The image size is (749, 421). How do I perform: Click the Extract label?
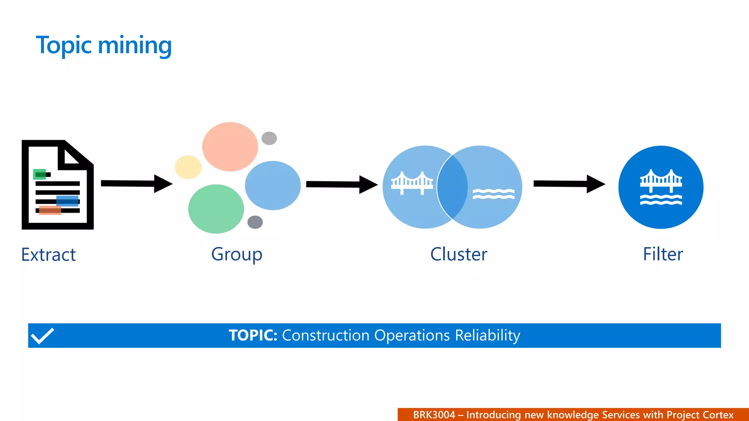pyautogui.click(x=48, y=254)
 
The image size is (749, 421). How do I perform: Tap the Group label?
pyautogui.click(x=237, y=254)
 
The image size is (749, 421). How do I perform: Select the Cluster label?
pyautogui.click(x=459, y=254)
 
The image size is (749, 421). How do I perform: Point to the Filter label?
pyautogui.click(x=663, y=254)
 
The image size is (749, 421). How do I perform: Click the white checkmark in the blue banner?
pyautogui.click(x=42, y=335)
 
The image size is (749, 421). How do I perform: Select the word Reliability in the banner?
pyautogui.click(x=488, y=335)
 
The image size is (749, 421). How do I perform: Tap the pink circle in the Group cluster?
pyautogui.click(x=230, y=147)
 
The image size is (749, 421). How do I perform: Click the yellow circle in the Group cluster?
pyautogui.click(x=188, y=167)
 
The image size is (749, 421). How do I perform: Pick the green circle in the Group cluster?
pyautogui.click(x=216, y=209)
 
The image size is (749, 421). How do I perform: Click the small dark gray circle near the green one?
pyautogui.click(x=255, y=222)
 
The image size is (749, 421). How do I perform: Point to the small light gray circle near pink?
pyautogui.click(x=269, y=138)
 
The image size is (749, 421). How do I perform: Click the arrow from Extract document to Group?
pyautogui.click(x=136, y=183)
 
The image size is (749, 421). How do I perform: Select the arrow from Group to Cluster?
pyautogui.click(x=341, y=184)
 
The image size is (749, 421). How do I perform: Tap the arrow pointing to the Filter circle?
pyautogui.click(x=569, y=184)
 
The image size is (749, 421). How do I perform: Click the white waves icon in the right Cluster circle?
pyautogui.click(x=493, y=194)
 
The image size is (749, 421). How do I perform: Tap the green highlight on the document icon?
pyautogui.click(x=39, y=174)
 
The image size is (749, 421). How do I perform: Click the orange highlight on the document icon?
pyautogui.click(x=50, y=210)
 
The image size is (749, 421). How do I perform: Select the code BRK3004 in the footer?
pyautogui.click(x=434, y=415)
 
